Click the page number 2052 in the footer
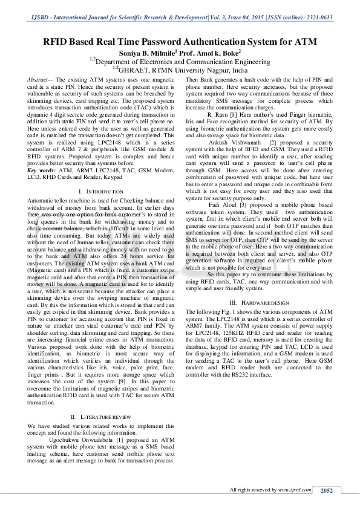click(x=327, y=490)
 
